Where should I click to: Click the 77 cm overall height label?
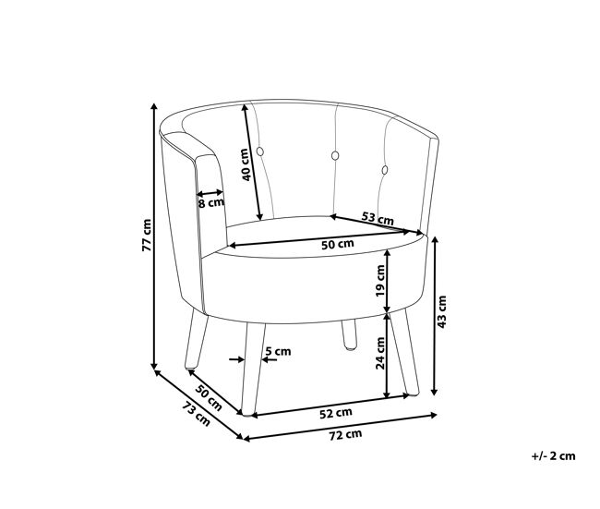[x=147, y=236]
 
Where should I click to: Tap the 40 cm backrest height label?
[x=246, y=164]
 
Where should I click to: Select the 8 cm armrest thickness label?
[x=210, y=202]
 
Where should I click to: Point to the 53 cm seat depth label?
[x=378, y=218]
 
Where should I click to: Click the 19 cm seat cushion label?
[x=380, y=281]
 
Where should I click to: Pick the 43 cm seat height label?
[x=441, y=311]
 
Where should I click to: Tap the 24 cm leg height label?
[x=380, y=353]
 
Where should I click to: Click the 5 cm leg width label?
[x=278, y=351]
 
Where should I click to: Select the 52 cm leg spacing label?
[x=336, y=413]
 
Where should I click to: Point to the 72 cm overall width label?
[x=345, y=435]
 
